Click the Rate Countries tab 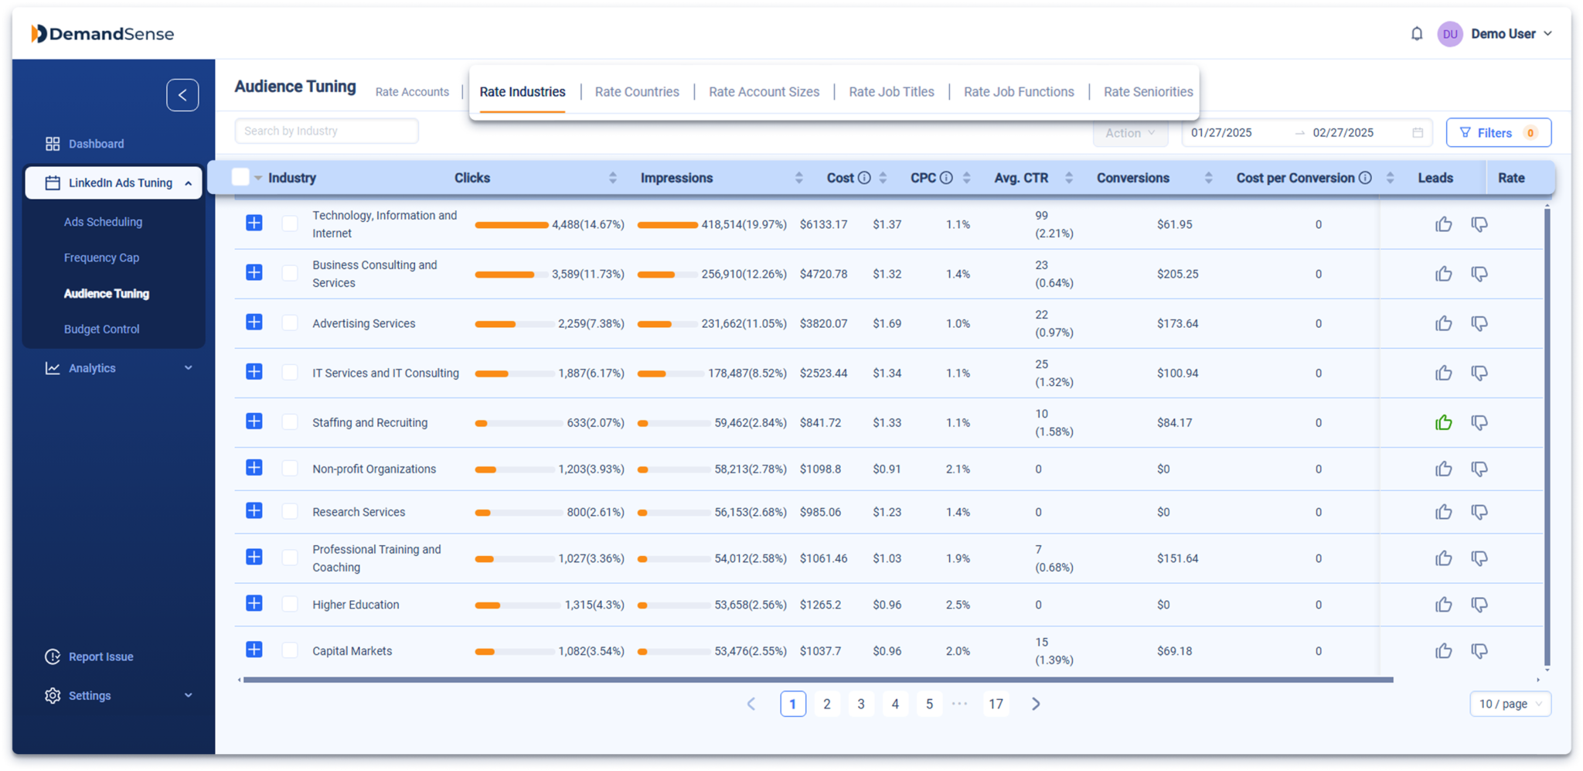pyautogui.click(x=637, y=92)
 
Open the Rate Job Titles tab pyautogui.click(x=891, y=92)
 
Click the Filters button pyautogui.click(x=1498, y=133)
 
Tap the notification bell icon pyautogui.click(x=1417, y=34)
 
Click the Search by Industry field pyautogui.click(x=326, y=131)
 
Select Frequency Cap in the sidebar pyautogui.click(x=101, y=258)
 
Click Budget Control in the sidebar pyautogui.click(x=101, y=329)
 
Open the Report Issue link pyautogui.click(x=100, y=657)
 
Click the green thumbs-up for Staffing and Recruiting pyautogui.click(x=1443, y=423)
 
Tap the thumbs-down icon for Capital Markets pyautogui.click(x=1479, y=651)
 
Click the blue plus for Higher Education pyautogui.click(x=254, y=604)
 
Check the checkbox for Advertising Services pyautogui.click(x=290, y=323)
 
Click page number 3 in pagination pyautogui.click(x=861, y=704)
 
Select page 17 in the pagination pyautogui.click(x=996, y=704)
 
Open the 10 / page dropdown pyautogui.click(x=1510, y=704)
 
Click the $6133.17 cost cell pyautogui.click(x=823, y=224)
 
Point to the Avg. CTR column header pyautogui.click(x=1021, y=178)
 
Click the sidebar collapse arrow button pyautogui.click(x=182, y=95)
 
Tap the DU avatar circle pyautogui.click(x=1450, y=34)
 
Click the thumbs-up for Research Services pyautogui.click(x=1443, y=512)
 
